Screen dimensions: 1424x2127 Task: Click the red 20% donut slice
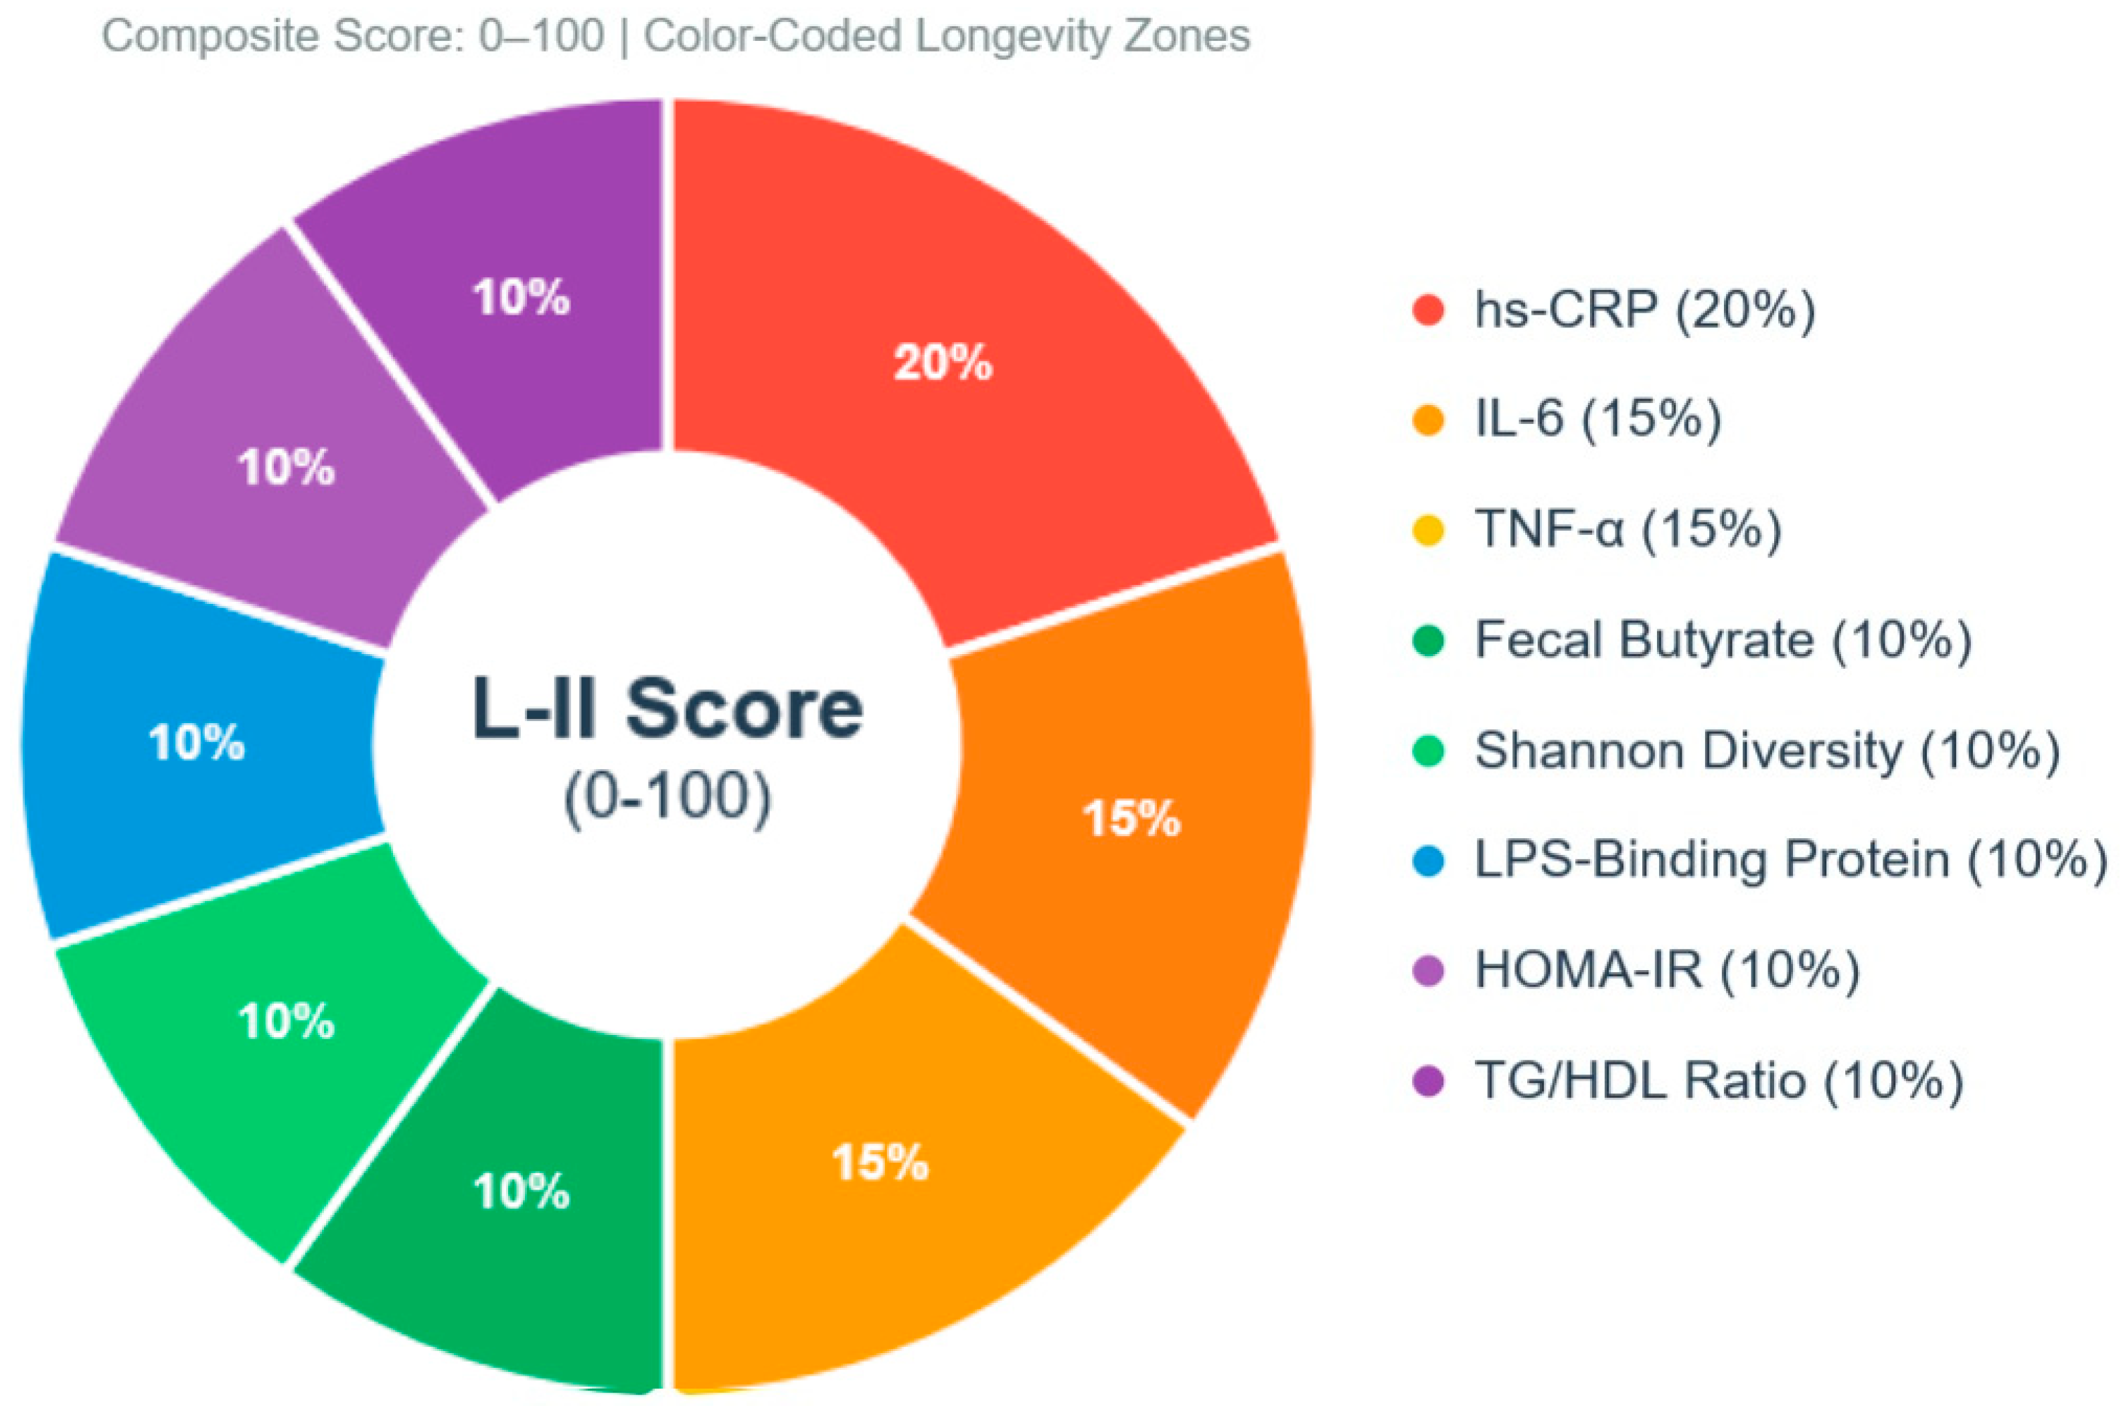pyautogui.click(x=945, y=364)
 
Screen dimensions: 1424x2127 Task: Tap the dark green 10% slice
pyautogui.click(x=520, y=1190)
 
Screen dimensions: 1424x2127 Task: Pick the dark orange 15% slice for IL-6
pyautogui.click(x=1131, y=817)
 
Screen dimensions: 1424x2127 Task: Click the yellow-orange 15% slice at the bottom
pyautogui.click(x=879, y=1162)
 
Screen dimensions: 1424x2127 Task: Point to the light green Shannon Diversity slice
pyautogui.click(x=286, y=1021)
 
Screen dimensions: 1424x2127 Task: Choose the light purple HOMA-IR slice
pyautogui.click(x=286, y=468)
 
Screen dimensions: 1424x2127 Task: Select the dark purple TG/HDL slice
pyautogui.click(x=520, y=297)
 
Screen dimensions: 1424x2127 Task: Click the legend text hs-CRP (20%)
pyautogui.click(x=1644, y=310)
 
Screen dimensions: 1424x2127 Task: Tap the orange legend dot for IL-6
pyautogui.click(x=1429, y=420)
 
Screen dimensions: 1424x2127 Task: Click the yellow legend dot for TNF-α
pyautogui.click(x=1429, y=530)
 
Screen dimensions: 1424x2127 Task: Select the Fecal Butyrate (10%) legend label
pyautogui.click(x=1722, y=640)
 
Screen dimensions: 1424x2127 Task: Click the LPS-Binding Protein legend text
pyautogui.click(x=1789, y=860)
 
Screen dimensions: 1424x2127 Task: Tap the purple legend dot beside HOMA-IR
pyautogui.click(x=1429, y=971)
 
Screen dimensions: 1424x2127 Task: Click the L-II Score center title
pyautogui.click(x=667, y=708)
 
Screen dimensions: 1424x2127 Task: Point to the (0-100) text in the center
pyautogui.click(x=667, y=797)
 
